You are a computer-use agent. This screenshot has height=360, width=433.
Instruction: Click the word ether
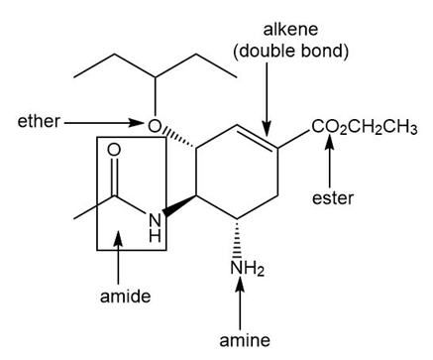point(39,121)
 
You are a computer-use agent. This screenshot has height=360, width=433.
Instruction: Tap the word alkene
point(290,29)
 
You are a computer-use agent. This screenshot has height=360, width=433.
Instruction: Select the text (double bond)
point(290,51)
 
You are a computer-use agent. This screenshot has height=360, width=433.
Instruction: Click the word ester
point(333,198)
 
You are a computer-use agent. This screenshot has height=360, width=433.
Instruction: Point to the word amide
point(125,296)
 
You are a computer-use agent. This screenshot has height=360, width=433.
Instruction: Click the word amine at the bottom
point(245,340)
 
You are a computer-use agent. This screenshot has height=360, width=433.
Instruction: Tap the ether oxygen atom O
point(155,125)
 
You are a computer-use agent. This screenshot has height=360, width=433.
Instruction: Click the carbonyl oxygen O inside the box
point(114,150)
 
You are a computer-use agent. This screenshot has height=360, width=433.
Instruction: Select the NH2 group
point(248,268)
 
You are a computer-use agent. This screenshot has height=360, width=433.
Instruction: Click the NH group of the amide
point(155,227)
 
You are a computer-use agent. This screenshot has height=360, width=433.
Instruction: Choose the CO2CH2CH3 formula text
point(364,127)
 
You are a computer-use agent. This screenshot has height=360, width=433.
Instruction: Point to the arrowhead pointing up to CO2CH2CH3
point(329,142)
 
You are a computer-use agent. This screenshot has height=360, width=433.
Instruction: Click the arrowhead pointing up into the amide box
point(119,239)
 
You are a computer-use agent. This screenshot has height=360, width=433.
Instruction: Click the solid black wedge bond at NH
point(179,206)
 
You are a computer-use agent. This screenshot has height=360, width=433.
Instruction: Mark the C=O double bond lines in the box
point(114,177)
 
